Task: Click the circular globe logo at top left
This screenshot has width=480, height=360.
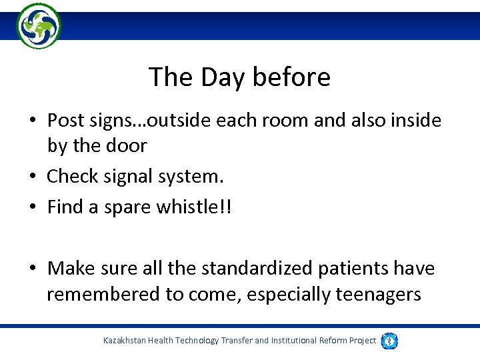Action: click(x=39, y=26)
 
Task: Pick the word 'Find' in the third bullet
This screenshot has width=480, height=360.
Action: click(x=65, y=207)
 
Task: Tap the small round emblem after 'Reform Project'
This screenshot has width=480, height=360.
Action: click(x=390, y=341)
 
